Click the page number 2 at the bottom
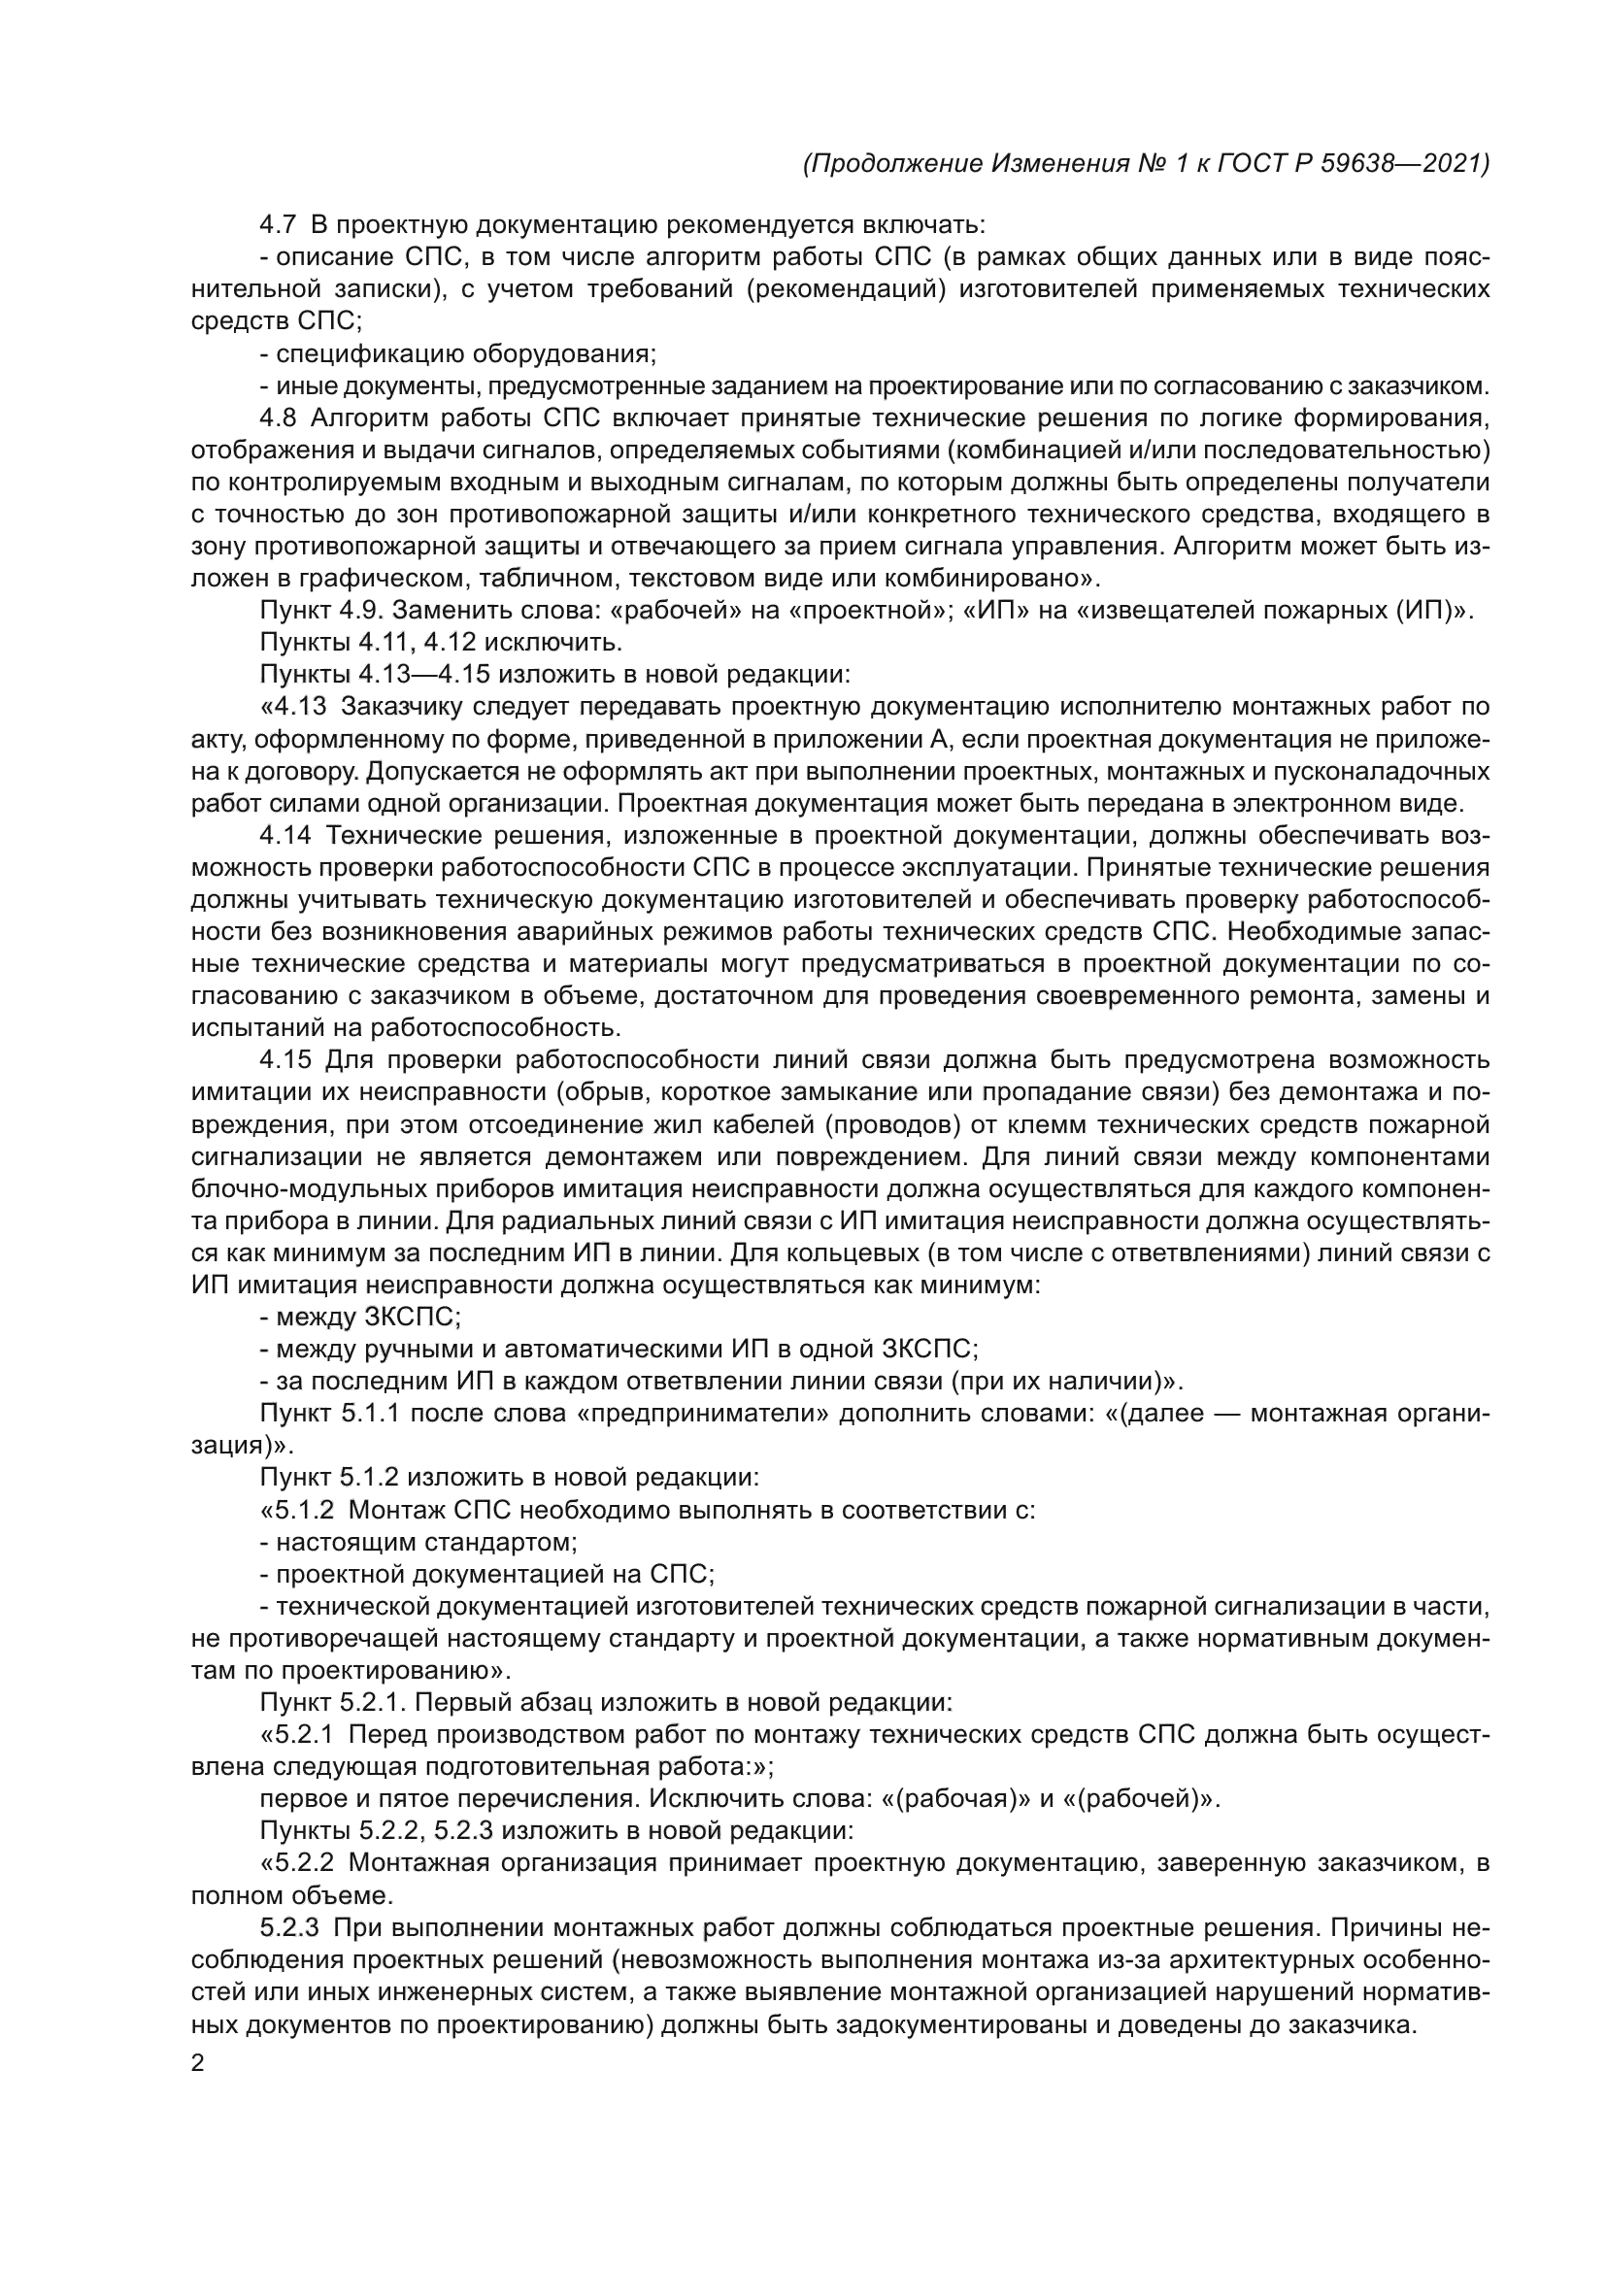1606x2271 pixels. pyautogui.click(x=198, y=2064)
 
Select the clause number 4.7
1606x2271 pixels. pyautogui.click(x=277, y=224)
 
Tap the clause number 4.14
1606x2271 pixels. pyautogui.click(x=284, y=836)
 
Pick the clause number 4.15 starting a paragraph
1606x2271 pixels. pyautogui.click(x=284, y=1060)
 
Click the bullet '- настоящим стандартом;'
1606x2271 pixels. pyautogui.click(x=418, y=1542)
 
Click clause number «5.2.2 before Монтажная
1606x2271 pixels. pyautogui.click(x=297, y=1863)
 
